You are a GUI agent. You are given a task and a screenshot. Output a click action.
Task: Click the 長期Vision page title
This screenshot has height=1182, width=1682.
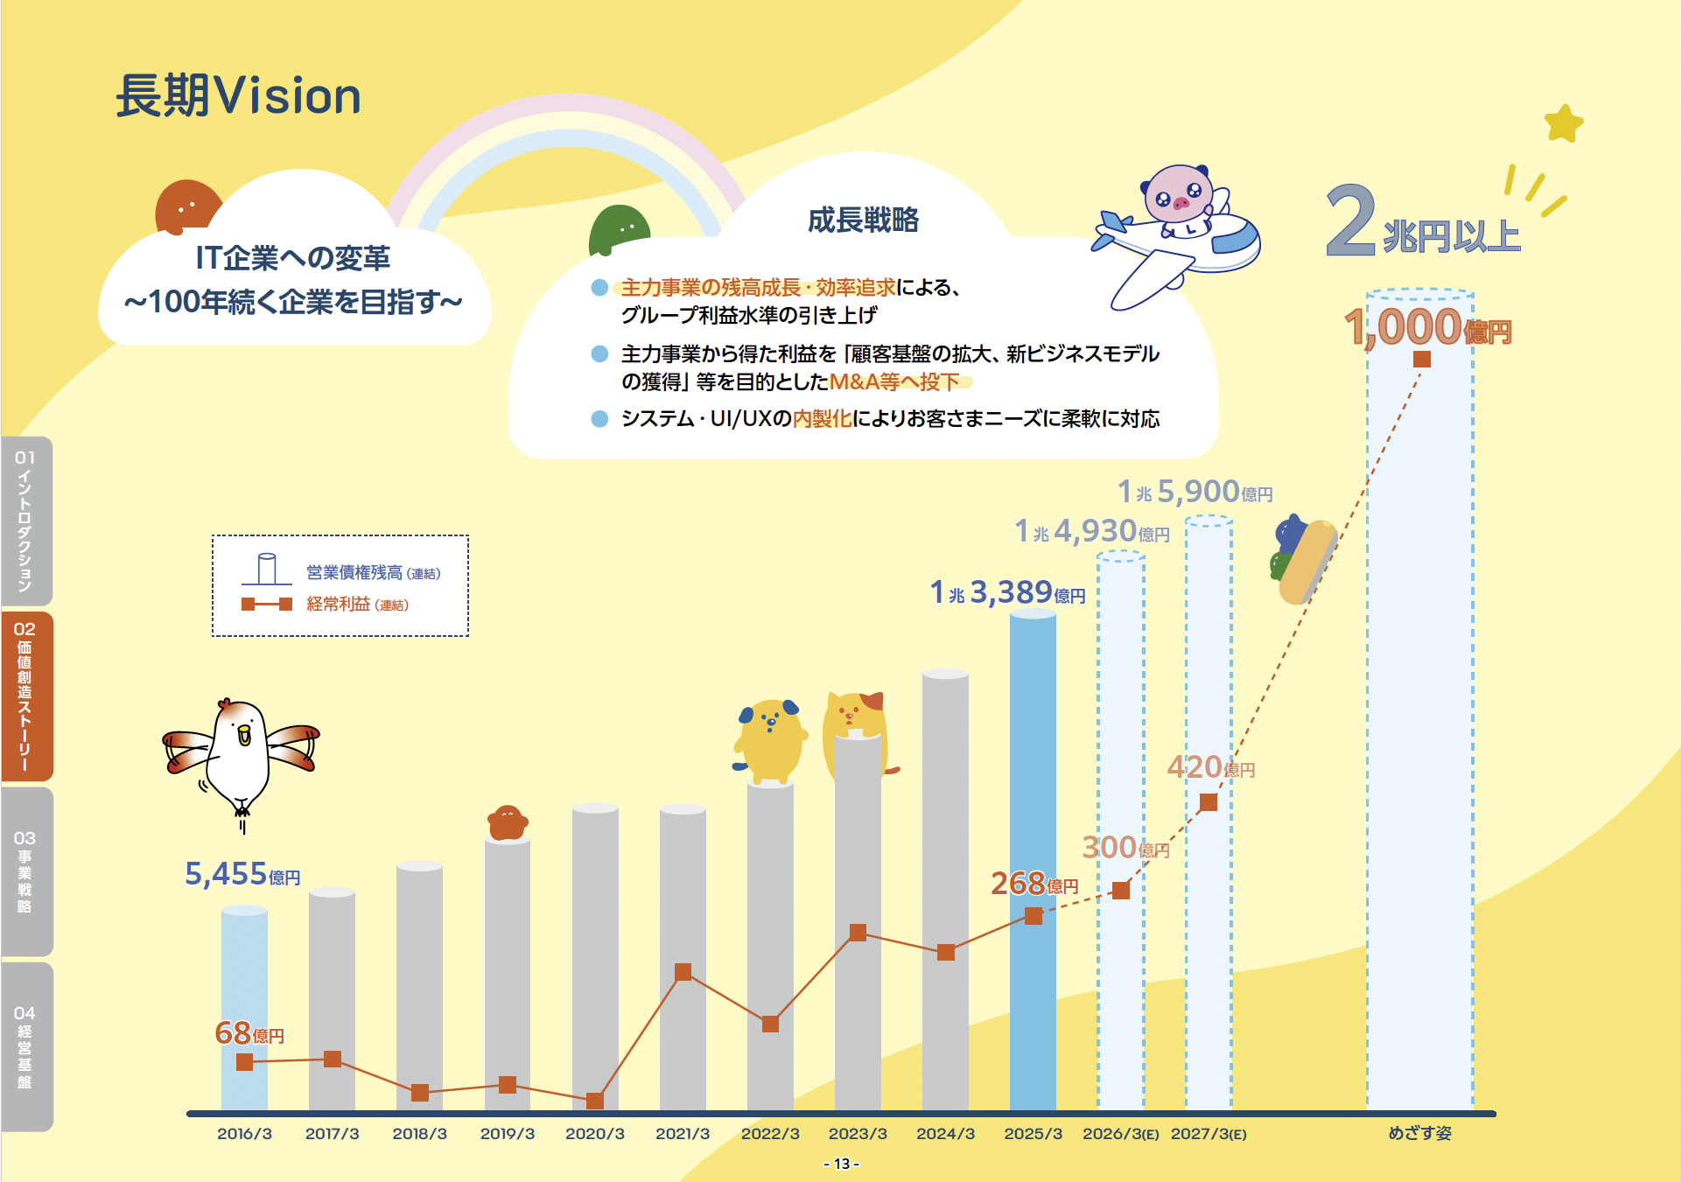238,95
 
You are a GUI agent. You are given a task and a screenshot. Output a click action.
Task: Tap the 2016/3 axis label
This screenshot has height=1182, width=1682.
244,1134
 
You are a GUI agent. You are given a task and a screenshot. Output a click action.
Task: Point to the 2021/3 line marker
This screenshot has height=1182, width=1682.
683,972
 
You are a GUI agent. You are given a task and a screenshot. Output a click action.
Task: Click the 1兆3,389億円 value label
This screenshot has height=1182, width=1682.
1006,593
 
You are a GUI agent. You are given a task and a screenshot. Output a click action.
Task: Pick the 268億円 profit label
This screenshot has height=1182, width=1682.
1034,884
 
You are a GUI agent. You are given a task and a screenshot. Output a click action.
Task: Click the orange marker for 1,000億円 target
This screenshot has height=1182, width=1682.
1422,359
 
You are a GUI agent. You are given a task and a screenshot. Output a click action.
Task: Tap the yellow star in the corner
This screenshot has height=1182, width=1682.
1564,123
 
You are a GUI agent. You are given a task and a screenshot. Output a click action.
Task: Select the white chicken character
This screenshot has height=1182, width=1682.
241,757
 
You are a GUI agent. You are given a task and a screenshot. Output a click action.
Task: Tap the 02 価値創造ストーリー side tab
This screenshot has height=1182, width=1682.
26,696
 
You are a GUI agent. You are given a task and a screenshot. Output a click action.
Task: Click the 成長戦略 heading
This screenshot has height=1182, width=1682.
863,220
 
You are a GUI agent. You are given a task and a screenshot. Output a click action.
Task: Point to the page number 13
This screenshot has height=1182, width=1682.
841,1164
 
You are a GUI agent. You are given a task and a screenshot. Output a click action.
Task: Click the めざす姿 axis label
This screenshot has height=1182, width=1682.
1419,1134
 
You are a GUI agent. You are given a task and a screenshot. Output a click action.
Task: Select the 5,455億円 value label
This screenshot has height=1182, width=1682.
242,874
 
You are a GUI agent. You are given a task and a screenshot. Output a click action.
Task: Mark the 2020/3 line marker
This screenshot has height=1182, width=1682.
595,1100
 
